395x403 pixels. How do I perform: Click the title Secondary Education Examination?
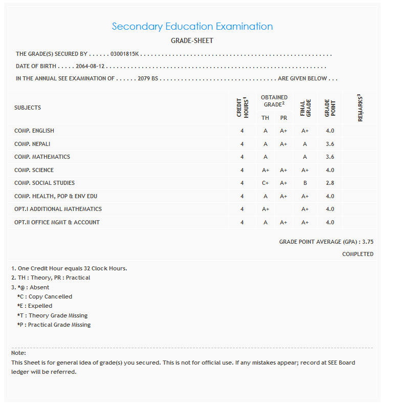[x=192, y=27]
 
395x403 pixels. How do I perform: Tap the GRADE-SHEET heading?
[x=192, y=40]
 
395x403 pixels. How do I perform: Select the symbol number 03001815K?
[x=125, y=54]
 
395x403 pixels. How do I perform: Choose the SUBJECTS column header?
[x=28, y=108]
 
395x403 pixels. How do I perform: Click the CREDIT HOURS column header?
[x=242, y=108]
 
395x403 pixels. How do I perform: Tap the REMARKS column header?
[x=360, y=108]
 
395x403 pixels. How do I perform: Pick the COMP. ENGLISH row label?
[x=34, y=131]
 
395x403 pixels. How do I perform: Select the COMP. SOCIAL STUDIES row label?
[x=45, y=183]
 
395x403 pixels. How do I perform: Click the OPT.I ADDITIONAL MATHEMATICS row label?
[x=58, y=209]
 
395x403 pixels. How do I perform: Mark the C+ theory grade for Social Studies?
[x=265, y=183]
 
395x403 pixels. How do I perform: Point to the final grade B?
[x=305, y=183]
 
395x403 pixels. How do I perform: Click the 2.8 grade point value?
[x=330, y=183]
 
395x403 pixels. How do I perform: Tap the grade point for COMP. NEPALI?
[x=330, y=144]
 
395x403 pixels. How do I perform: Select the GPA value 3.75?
[x=367, y=241]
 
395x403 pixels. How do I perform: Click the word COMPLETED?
[x=358, y=254]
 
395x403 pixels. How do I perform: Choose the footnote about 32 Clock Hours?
[x=69, y=268]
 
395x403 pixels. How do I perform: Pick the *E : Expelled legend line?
[x=35, y=306]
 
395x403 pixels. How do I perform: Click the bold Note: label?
[x=18, y=353]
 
